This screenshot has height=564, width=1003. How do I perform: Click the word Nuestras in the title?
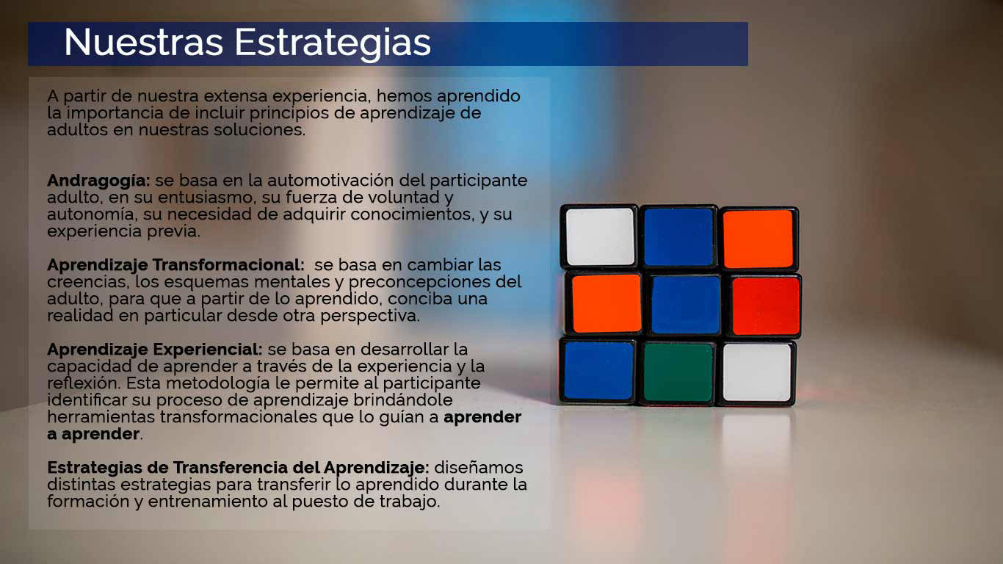point(143,42)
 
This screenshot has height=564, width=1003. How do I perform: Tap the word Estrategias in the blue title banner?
point(333,44)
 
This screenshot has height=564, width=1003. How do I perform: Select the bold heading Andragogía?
point(98,181)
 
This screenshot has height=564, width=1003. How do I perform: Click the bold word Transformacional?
point(228,264)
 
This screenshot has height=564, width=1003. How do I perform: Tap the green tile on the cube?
point(678,373)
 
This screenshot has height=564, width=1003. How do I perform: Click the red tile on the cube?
point(766,306)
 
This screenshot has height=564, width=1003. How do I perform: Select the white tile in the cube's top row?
point(600,236)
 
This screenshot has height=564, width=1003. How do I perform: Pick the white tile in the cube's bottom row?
point(757,373)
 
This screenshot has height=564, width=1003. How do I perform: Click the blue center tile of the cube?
point(685,305)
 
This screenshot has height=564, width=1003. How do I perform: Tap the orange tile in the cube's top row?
point(758,239)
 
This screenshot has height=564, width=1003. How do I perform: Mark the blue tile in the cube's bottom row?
point(598,371)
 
